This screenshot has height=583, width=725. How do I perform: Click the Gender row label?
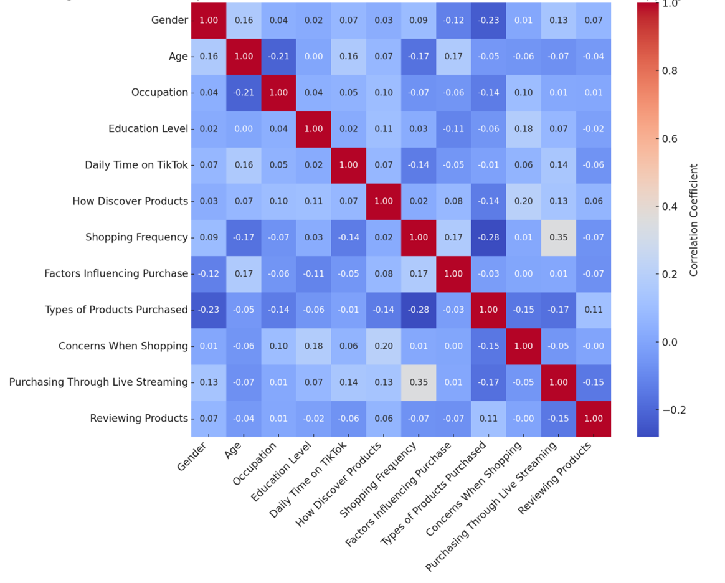point(169,20)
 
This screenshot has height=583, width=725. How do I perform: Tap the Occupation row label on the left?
point(159,92)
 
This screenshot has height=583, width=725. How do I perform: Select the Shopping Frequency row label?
point(136,237)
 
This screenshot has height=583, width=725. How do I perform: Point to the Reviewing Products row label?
point(139,419)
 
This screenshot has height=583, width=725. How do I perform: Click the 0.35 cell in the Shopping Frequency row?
point(559,237)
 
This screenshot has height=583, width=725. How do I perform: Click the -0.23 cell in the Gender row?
point(488,20)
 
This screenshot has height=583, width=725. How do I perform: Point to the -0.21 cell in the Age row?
point(278,56)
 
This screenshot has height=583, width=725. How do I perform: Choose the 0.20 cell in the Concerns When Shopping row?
point(384,346)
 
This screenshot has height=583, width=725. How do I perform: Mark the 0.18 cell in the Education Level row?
point(523,128)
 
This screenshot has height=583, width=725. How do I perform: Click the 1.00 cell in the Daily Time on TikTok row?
point(349,165)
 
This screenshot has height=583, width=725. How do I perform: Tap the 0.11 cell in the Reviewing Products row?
point(488,419)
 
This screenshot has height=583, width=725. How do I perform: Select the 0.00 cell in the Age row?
point(313,56)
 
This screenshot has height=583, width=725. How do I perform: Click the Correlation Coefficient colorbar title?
point(694,220)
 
